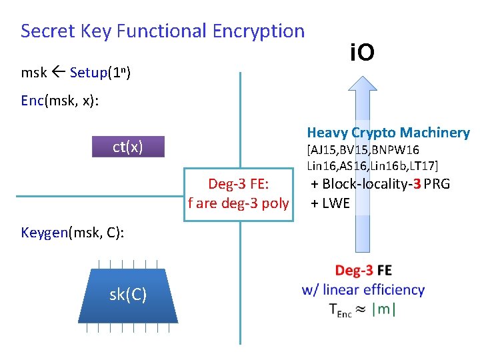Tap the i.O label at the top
[362, 52]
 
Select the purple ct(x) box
[127, 147]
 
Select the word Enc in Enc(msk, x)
[32, 100]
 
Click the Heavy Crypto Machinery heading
[388, 133]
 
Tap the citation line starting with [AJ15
[363, 150]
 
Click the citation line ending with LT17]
[373, 165]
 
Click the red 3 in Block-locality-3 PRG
[416, 184]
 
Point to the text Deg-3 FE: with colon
[238, 184]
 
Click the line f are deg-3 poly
[238, 203]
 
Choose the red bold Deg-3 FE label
[363, 271]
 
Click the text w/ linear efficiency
[363, 290]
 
